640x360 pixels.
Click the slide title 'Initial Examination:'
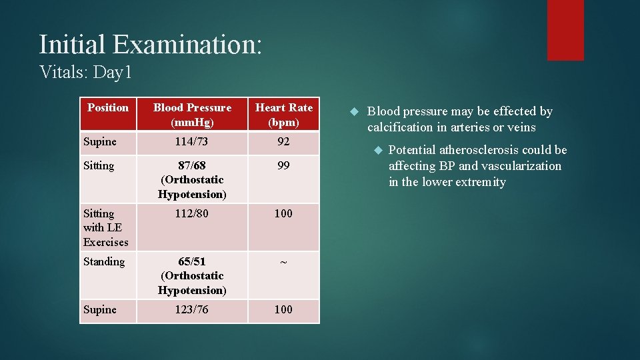(151, 45)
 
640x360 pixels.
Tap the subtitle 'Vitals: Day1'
(85, 72)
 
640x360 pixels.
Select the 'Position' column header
(108, 107)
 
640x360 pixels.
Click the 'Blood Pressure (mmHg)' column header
(192, 115)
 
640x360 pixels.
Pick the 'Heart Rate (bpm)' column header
(284, 115)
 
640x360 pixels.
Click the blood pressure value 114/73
(192, 141)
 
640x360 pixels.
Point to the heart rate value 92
(284, 141)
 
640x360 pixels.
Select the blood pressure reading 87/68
(192, 165)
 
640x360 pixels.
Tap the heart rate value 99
(284, 165)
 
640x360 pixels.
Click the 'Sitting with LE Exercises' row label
(105, 227)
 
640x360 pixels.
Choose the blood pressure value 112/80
(192, 213)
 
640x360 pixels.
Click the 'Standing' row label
(104, 261)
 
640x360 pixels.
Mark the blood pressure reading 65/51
(192, 261)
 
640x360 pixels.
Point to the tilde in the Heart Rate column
(284, 262)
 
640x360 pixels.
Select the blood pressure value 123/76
(192, 309)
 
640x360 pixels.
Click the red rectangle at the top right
(565, 30)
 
